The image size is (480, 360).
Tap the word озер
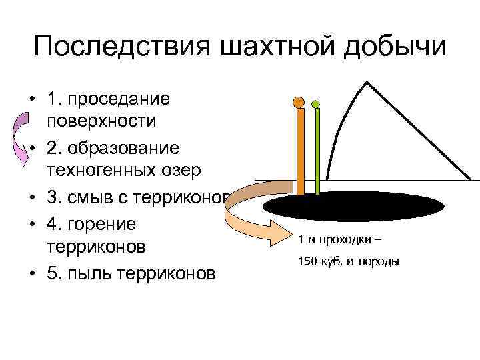click(x=178, y=171)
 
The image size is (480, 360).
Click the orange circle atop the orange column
click(x=299, y=103)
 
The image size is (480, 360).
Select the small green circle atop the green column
click(x=316, y=104)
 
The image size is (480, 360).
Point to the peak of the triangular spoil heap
click(x=366, y=83)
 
